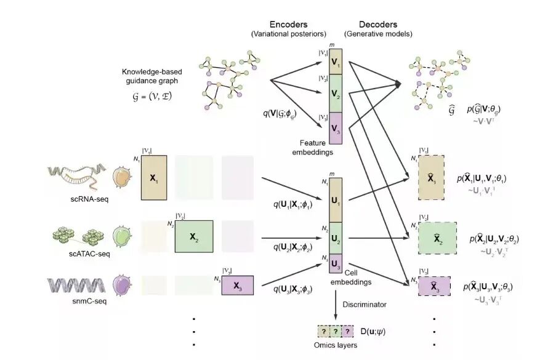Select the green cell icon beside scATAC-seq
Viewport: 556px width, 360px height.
click(x=123, y=238)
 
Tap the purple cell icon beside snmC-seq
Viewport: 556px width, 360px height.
click(x=123, y=286)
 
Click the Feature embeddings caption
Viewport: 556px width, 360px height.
click(x=316, y=146)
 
